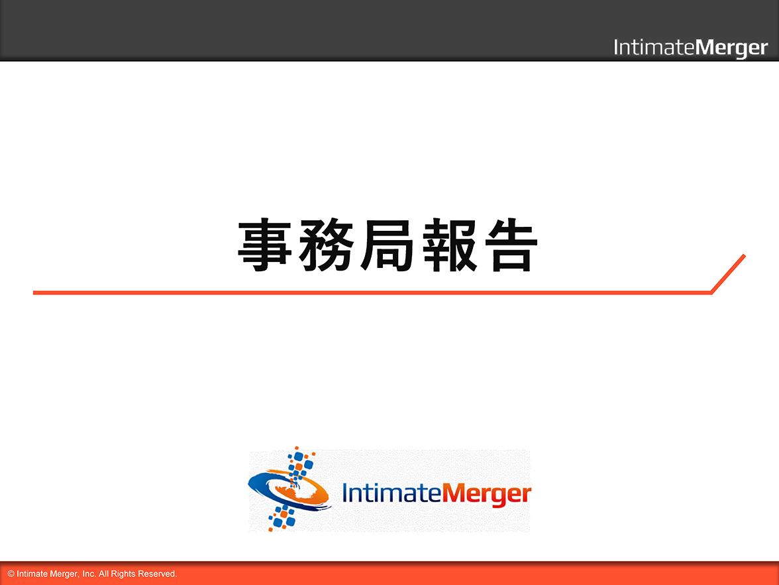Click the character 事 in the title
[x=264, y=245]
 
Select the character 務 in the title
[x=326, y=245]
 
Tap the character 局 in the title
[x=388, y=245]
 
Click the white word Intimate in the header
[x=654, y=47]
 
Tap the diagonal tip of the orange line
[x=745, y=256]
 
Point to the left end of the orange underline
[x=33, y=292]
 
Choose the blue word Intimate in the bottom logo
[x=391, y=493]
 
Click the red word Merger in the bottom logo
[x=486, y=495]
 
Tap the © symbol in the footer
[x=11, y=574]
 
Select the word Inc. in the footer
[x=89, y=574]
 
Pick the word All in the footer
[x=103, y=574]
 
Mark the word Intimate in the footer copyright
[x=32, y=574]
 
